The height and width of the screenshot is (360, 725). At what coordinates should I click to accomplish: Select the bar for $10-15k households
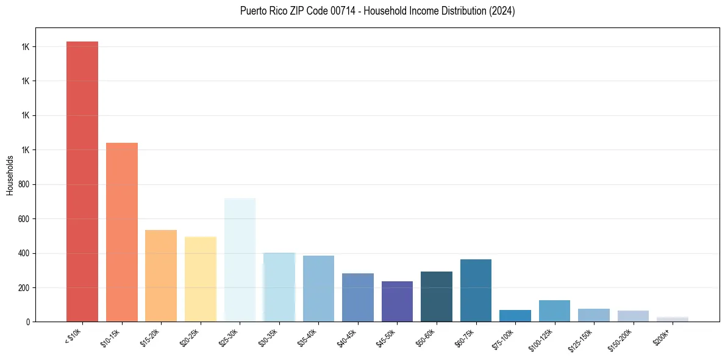pyautogui.click(x=122, y=232)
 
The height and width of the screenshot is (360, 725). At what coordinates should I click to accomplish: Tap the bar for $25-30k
pyautogui.click(x=240, y=259)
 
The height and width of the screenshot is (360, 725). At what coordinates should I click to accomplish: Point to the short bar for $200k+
pyautogui.click(x=673, y=319)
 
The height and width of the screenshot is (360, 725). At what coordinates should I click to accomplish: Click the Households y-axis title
pyautogui.click(x=10, y=175)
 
